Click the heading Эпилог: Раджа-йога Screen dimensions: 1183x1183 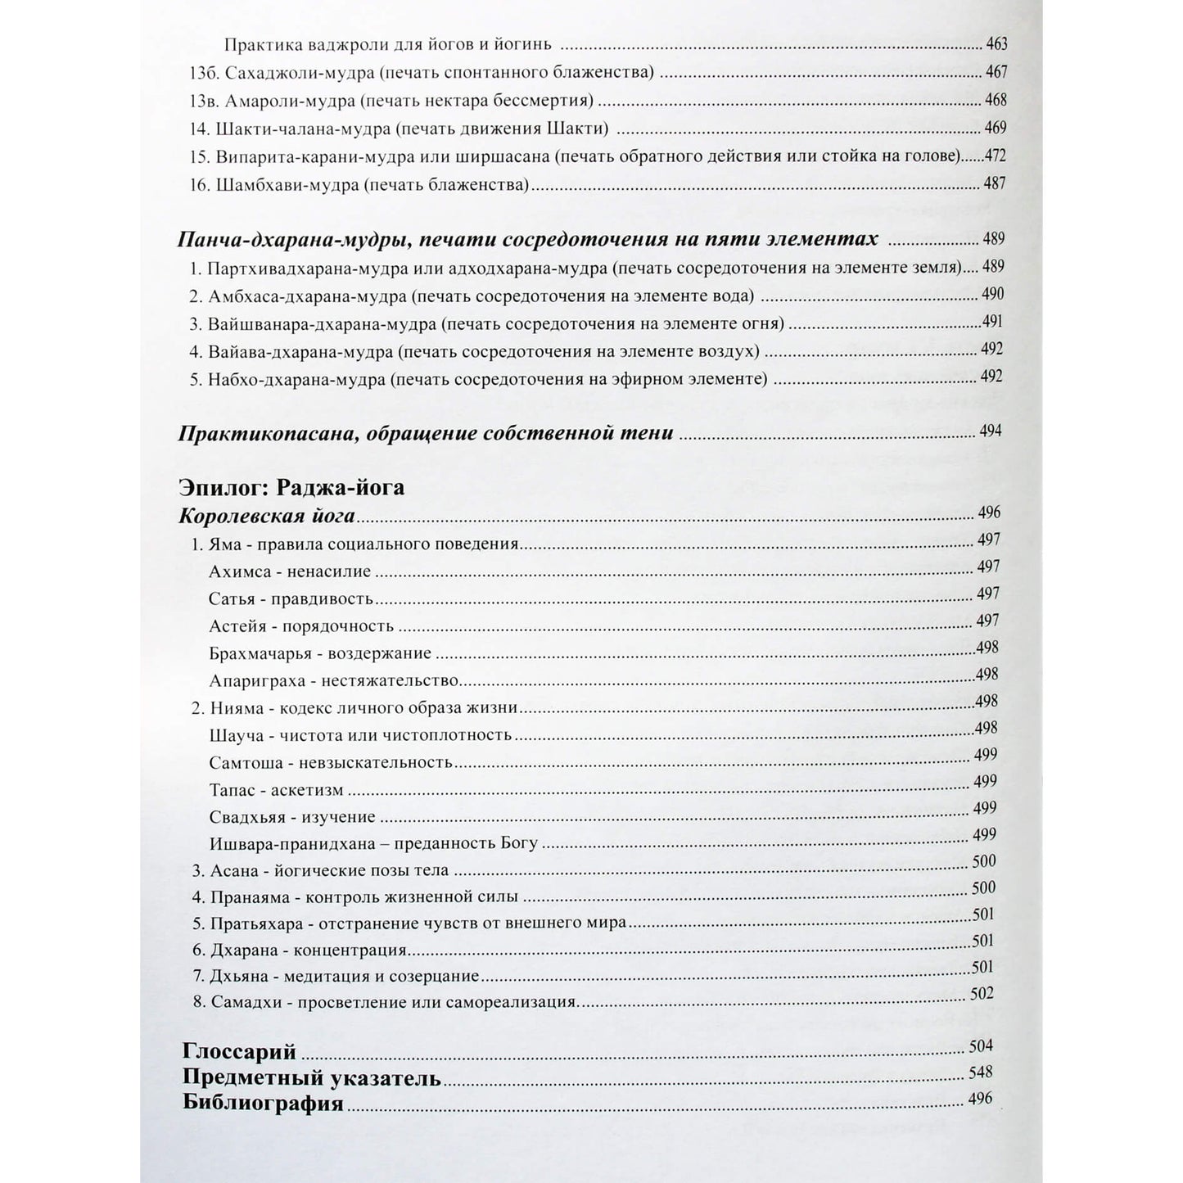(291, 488)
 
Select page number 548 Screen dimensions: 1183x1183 (980, 1072)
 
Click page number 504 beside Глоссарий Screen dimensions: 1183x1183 (980, 1045)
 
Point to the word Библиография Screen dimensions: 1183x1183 (263, 1103)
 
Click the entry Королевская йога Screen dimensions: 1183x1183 (267, 516)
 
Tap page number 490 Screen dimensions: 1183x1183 (991, 295)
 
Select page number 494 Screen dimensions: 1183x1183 (990, 431)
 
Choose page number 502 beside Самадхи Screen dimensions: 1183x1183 (982, 994)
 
